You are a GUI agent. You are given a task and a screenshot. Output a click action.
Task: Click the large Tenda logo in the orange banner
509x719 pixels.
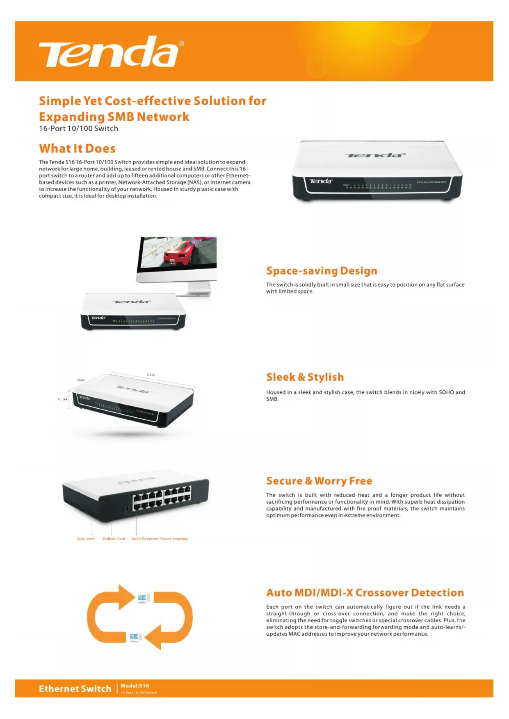(x=109, y=52)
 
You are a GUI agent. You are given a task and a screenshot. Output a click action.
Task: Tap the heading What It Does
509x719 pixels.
(x=77, y=148)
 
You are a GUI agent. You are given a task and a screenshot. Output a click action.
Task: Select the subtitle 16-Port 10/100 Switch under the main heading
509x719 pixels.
(x=78, y=129)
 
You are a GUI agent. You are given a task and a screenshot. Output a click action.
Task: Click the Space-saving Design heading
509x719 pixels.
(x=322, y=271)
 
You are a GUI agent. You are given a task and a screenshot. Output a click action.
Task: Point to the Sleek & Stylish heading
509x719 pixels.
(x=305, y=377)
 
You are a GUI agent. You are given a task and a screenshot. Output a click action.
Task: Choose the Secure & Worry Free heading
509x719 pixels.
(x=319, y=481)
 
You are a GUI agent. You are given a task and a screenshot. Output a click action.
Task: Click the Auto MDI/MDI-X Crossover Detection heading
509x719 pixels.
(x=365, y=593)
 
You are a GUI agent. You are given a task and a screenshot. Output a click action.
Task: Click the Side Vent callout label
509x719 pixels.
(x=86, y=539)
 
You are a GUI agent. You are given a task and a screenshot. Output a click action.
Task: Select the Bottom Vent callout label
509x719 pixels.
(x=114, y=539)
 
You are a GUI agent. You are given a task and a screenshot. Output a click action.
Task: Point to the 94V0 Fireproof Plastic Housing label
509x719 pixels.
(x=159, y=539)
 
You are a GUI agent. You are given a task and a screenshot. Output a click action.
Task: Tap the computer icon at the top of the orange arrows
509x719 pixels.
(x=143, y=599)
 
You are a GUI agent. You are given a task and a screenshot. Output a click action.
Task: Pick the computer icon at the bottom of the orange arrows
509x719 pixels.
(x=135, y=637)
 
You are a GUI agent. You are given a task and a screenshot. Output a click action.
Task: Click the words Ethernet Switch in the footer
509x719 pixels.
(x=75, y=689)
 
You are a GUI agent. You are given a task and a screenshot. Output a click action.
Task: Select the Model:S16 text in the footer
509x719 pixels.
(x=135, y=686)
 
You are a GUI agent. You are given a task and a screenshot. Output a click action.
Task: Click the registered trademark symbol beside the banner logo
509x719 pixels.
(x=181, y=43)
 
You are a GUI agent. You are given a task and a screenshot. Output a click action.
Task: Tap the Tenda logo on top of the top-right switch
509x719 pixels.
(x=375, y=155)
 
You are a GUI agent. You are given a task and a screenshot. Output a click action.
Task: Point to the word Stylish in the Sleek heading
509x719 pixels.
(x=326, y=377)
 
